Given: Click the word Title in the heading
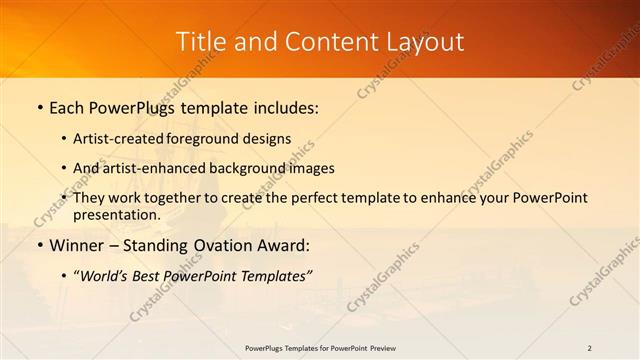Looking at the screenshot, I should (x=200, y=42).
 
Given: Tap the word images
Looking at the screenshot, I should (x=314, y=168).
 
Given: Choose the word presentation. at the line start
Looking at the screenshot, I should (x=116, y=214).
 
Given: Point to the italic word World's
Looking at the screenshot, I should (x=104, y=274).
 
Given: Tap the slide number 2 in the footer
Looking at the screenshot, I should (x=590, y=348).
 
